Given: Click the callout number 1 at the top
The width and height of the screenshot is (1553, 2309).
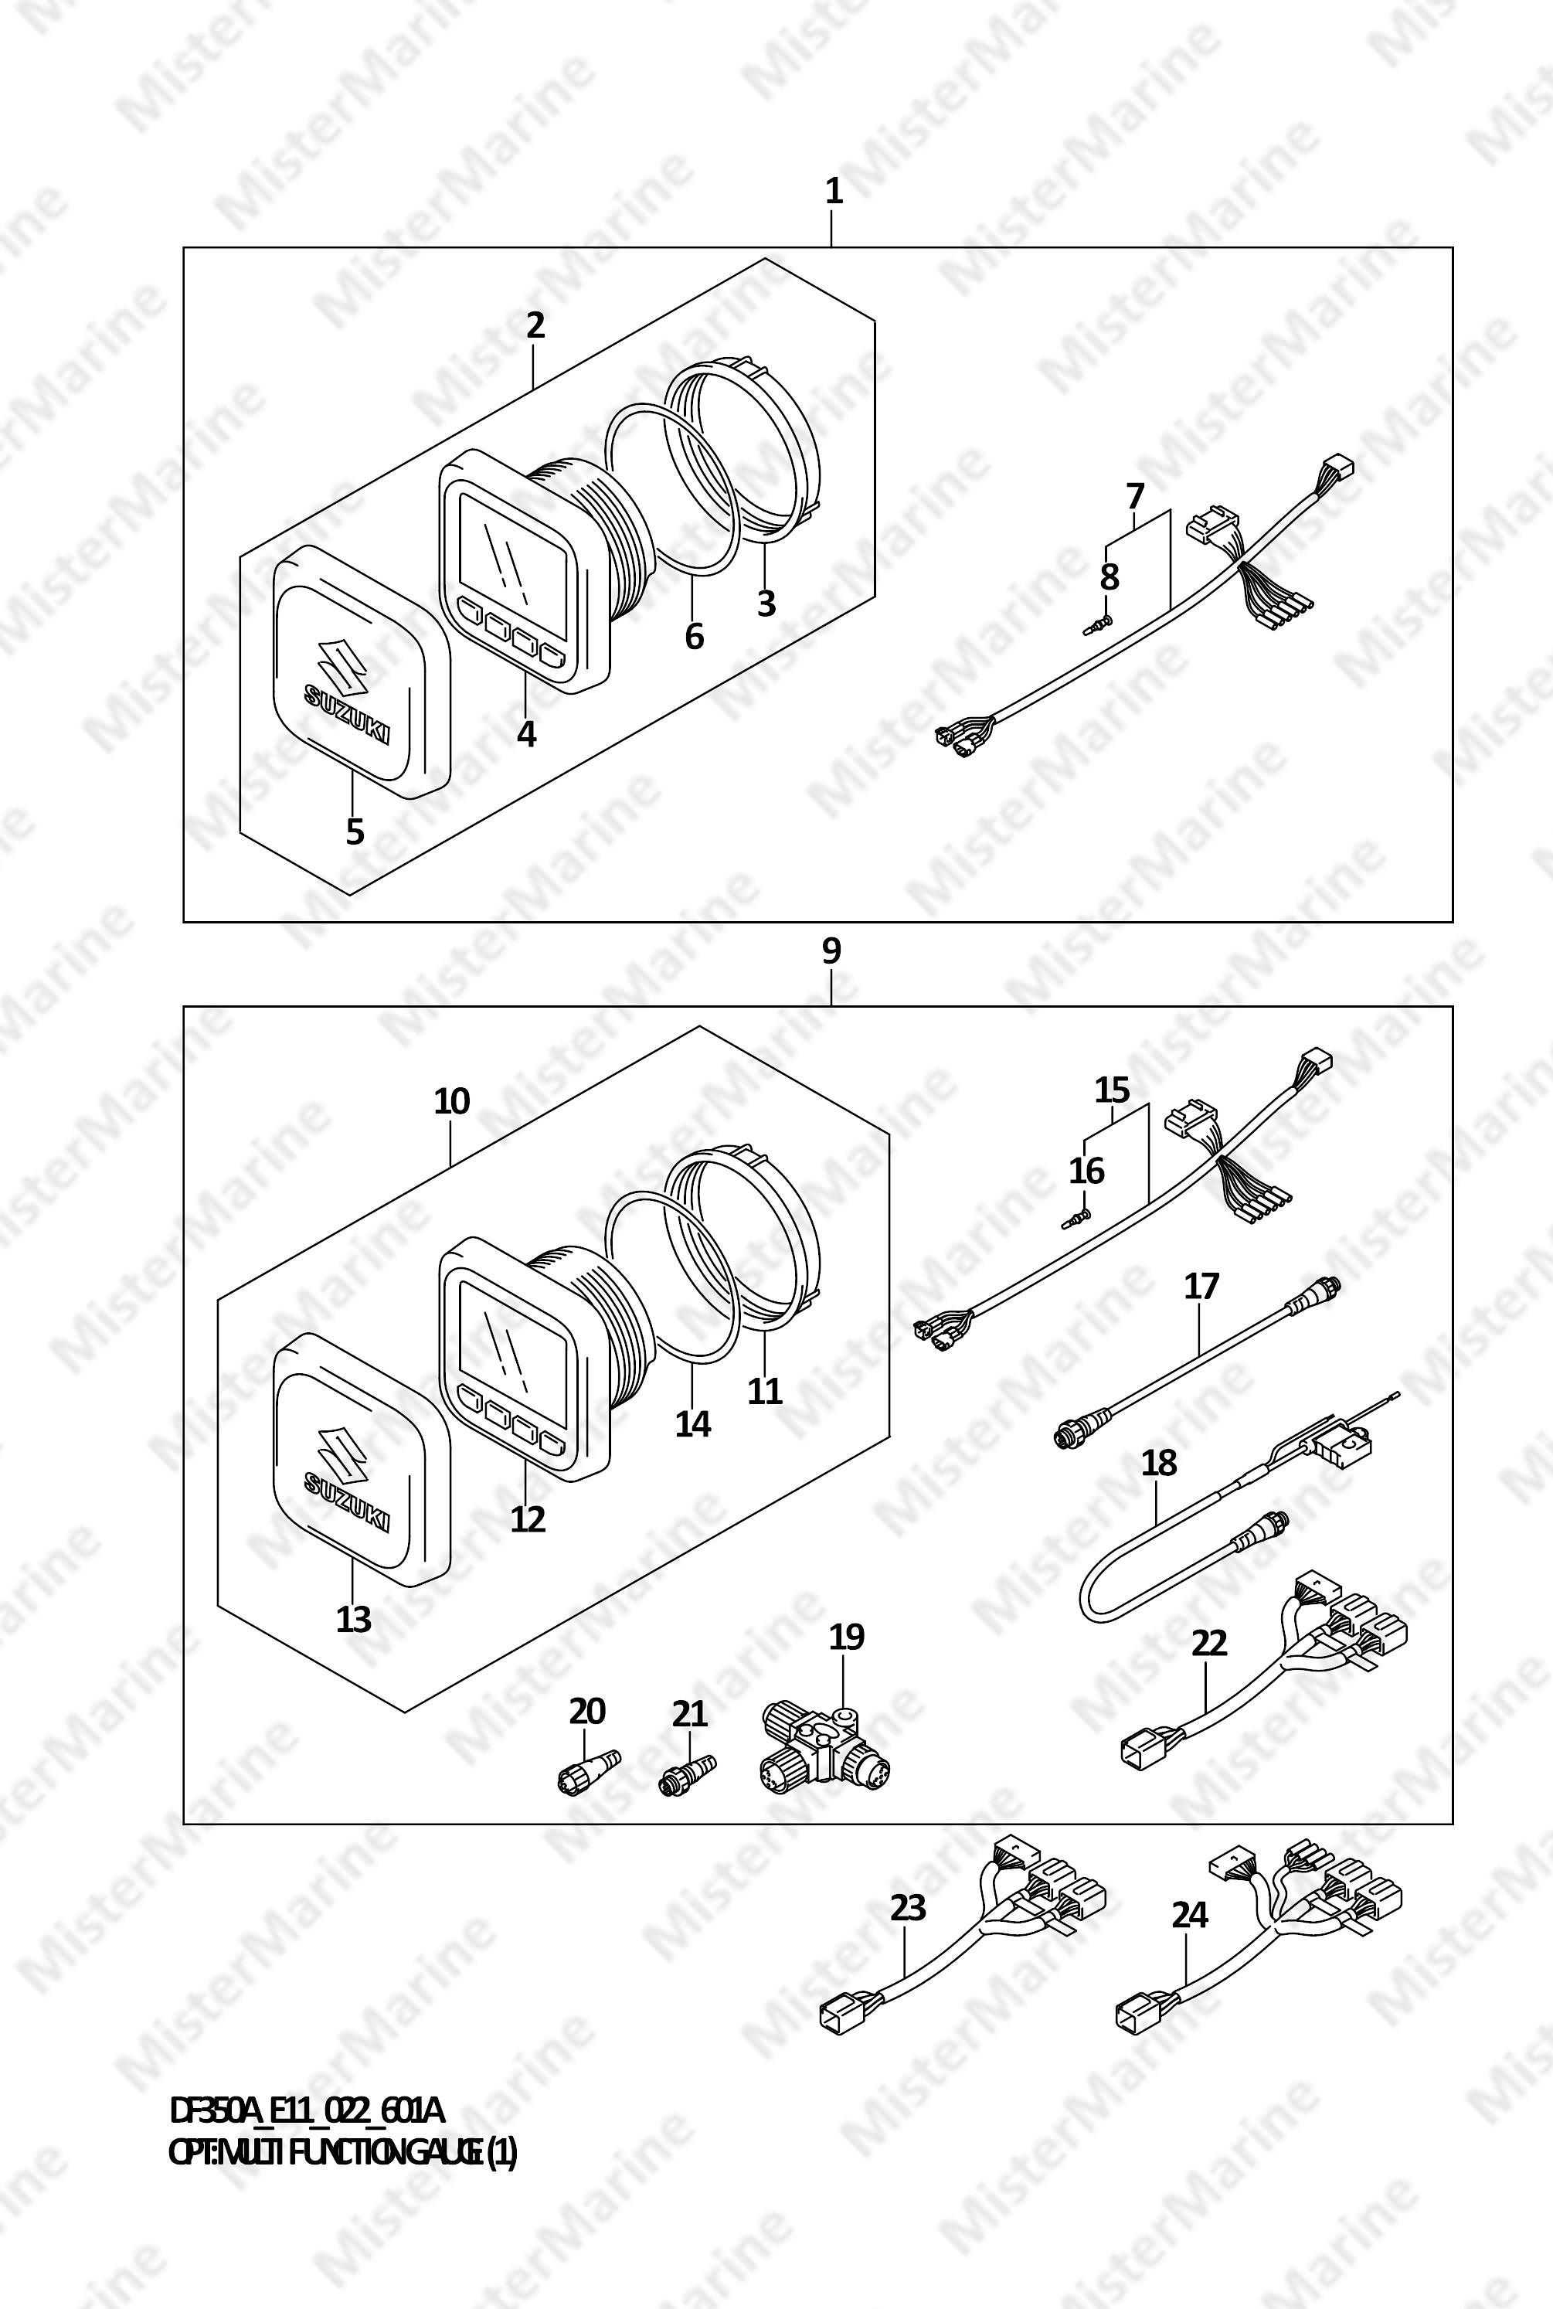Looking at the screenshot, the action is [834, 191].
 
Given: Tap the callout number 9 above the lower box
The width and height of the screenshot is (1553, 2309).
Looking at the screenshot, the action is [832, 951].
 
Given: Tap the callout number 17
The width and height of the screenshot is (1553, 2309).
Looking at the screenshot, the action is [1201, 1287].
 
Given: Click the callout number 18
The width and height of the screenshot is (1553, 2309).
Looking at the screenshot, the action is [1159, 1462].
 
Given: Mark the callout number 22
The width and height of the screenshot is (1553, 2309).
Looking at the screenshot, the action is [1209, 1642].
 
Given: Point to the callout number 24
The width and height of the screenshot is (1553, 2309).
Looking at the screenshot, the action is [1190, 1916].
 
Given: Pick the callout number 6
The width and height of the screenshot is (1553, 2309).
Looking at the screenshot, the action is [695, 636].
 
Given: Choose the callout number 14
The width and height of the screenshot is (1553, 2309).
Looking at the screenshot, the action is [693, 1423].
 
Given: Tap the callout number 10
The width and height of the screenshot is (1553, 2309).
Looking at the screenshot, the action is [452, 1101].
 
